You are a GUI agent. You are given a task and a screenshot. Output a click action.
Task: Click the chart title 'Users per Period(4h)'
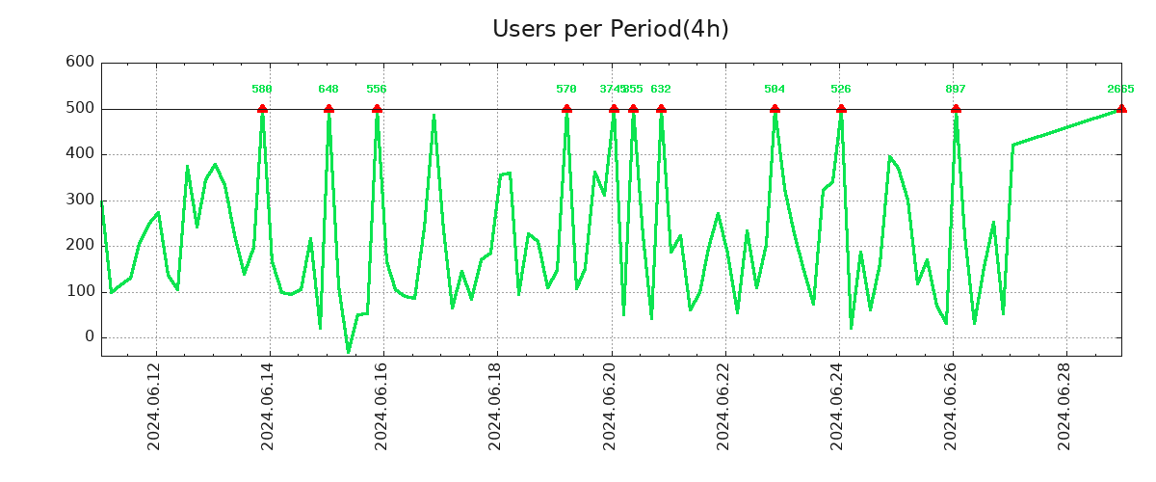(610, 29)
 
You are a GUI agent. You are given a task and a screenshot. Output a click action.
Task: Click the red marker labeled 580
(262, 109)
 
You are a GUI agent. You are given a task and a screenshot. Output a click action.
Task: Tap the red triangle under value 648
(328, 109)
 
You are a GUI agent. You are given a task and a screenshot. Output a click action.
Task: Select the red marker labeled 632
(661, 109)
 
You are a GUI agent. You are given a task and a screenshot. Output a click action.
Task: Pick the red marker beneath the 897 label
(956, 109)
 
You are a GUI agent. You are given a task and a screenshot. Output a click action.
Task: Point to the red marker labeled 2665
(1121, 109)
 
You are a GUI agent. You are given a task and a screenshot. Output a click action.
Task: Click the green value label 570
(566, 89)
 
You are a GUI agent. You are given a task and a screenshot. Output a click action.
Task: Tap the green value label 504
(775, 89)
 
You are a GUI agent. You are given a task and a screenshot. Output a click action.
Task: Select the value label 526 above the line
(841, 89)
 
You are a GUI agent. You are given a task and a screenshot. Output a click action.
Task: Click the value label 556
(377, 89)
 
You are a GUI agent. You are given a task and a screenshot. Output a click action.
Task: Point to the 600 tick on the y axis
(79, 63)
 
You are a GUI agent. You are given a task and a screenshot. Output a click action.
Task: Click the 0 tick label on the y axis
(90, 337)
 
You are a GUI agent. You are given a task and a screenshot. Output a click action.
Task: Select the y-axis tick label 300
(79, 201)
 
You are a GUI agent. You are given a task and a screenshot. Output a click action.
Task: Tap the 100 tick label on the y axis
(79, 291)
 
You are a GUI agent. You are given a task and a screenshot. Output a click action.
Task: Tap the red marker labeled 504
(775, 109)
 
